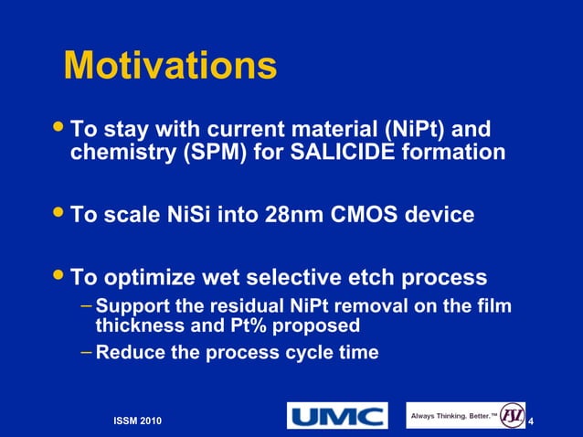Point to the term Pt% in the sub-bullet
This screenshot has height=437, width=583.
click(259, 325)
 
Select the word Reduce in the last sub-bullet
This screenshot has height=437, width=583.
click(126, 351)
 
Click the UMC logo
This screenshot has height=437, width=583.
click(337, 416)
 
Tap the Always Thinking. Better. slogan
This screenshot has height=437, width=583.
click(453, 416)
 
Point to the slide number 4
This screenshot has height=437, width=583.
click(531, 420)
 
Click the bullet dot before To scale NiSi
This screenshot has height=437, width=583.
click(60, 215)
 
